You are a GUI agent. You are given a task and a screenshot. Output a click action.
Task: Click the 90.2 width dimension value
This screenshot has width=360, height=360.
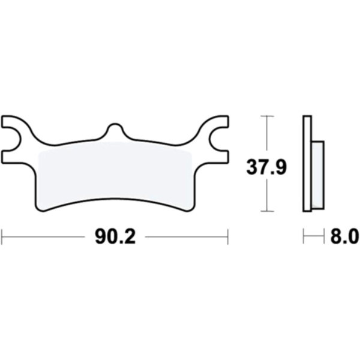115,237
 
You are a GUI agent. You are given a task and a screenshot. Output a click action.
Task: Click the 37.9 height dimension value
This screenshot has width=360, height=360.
266,167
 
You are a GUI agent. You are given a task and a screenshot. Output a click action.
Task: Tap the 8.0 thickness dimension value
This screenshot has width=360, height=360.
344,236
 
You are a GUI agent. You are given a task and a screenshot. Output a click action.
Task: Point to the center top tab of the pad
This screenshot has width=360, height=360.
115,131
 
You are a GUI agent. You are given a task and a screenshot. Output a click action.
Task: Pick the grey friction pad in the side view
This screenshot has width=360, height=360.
318,175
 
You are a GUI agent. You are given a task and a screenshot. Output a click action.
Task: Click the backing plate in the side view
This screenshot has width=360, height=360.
307,163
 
